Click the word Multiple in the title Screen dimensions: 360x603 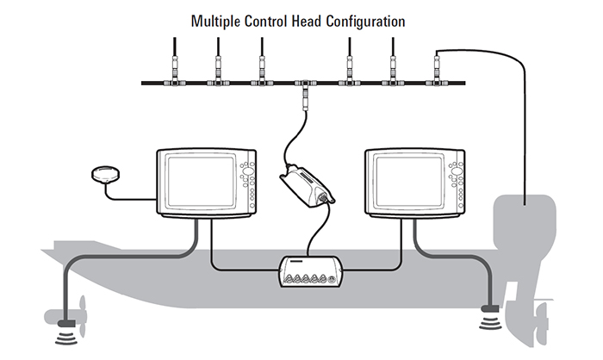click(219, 18)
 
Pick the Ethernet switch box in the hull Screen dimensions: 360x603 click(309, 271)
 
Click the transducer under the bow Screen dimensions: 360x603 click(65, 326)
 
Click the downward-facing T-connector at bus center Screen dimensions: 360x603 click(305, 85)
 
